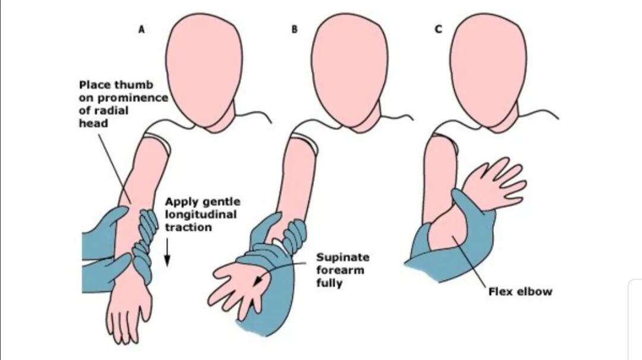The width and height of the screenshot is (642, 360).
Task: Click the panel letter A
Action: pos(141,29)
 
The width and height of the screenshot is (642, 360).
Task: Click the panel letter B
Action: pos(294,29)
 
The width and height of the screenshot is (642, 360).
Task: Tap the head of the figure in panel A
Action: pos(205,68)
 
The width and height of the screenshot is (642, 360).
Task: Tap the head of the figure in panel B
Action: pos(349,68)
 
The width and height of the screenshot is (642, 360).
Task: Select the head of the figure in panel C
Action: pos(488,68)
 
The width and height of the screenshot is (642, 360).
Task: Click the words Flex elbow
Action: pos(520,291)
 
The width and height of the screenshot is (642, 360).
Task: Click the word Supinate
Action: pos(342,257)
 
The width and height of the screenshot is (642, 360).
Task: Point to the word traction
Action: pos(188,227)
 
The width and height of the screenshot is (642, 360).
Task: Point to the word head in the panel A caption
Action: pos(93,124)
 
